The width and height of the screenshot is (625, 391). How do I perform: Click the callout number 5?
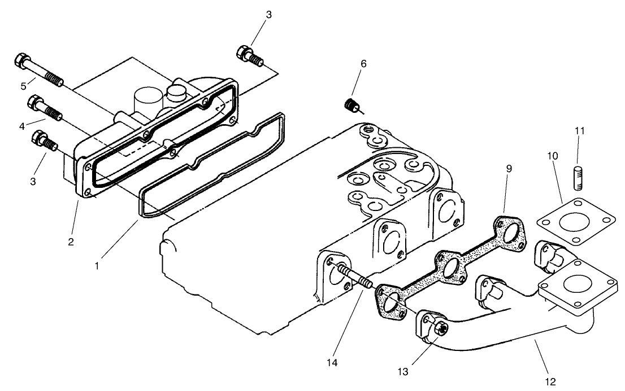pyautogui.click(x=23, y=86)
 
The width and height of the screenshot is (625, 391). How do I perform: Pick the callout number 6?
pyautogui.click(x=363, y=64)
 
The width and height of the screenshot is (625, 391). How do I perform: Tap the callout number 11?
pyautogui.click(x=580, y=131)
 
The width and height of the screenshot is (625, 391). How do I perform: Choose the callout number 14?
pyautogui.click(x=335, y=362)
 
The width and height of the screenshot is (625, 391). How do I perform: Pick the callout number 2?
pyautogui.click(x=71, y=242)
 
